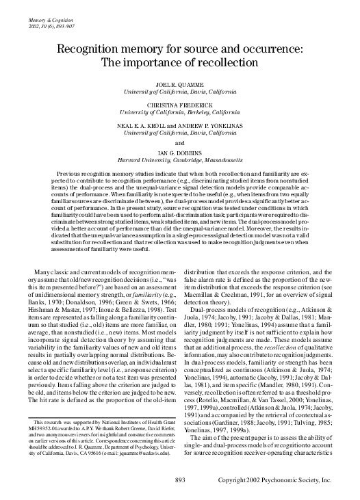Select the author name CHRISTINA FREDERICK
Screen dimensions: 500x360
tap(179, 104)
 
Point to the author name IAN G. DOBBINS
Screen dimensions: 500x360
tap(179, 155)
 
